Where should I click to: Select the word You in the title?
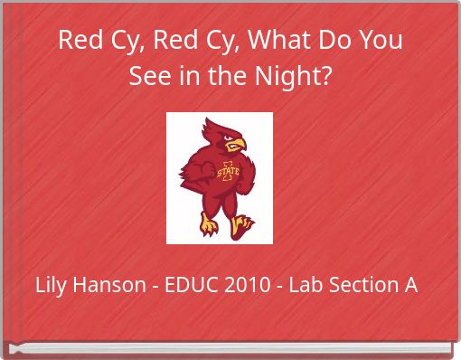point(381,41)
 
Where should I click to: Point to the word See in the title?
point(148,76)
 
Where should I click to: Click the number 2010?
point(246,286)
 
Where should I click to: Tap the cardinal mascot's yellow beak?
point(237,144)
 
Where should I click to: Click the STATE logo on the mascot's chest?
point(228,170)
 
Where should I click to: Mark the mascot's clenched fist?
point(202,170)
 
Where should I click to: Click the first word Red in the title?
point(78,41)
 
